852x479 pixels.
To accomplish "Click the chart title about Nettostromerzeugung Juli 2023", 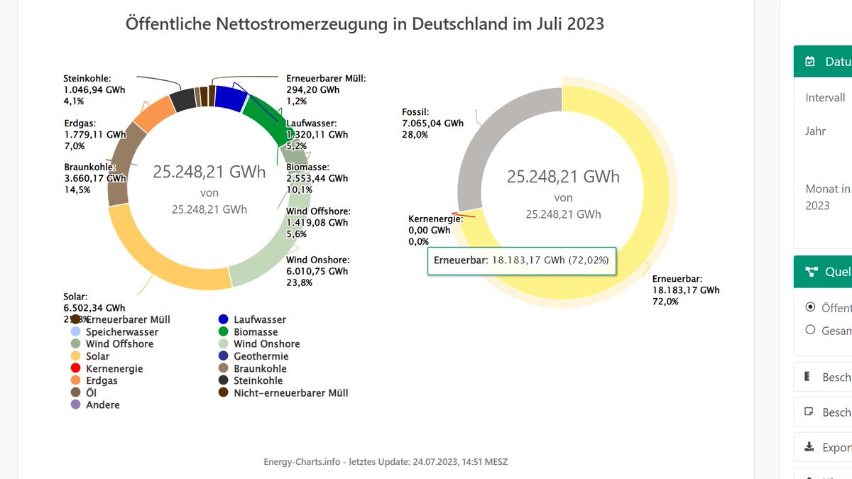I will tap(364, 23).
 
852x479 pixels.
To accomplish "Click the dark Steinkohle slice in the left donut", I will tap(183, 100).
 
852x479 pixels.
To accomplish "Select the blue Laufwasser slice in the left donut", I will tap(229, 97).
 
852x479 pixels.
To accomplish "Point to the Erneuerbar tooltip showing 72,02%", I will tap(522, 260).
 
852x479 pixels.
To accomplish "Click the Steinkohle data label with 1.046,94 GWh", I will tap(94, 90).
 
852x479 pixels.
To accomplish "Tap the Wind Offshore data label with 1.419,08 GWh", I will tap(317, 222).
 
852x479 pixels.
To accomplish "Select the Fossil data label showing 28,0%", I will tap(432, 123).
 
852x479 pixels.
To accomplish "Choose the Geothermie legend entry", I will tap(261, 356).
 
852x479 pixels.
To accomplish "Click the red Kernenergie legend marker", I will tap(75, 369).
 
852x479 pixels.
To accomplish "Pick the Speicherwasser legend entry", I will tap(121, 332).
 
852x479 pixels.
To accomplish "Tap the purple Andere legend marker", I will tap(75, 405).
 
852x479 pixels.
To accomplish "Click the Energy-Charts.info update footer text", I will tap(385, 462).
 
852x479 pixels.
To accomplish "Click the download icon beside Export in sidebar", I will tap(809, 447).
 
